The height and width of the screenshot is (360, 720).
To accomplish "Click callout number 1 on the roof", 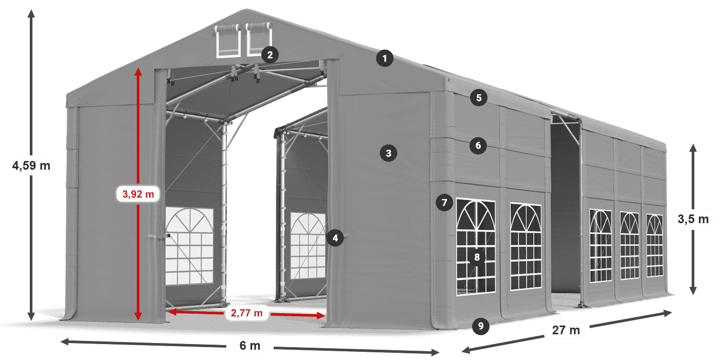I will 384,59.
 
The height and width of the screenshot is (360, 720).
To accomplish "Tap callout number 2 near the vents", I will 269,55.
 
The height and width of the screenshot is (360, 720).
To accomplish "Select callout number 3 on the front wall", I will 388,153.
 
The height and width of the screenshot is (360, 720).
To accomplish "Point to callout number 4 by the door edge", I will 335,238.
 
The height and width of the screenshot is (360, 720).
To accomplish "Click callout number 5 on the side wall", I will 478,98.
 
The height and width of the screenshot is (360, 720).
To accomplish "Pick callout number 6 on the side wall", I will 478,146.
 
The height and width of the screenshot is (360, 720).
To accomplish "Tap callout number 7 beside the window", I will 444,203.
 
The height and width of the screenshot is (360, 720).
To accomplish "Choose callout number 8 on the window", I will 477,257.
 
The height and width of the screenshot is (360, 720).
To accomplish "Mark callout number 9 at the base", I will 480,325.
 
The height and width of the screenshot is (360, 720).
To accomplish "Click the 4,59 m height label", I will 31,166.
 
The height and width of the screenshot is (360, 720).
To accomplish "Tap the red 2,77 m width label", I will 246,312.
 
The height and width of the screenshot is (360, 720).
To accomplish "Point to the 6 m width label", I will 250,345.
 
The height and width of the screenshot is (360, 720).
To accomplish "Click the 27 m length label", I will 567,330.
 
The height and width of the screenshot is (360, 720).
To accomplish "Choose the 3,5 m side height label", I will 693,220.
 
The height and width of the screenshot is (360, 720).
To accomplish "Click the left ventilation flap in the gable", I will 228,41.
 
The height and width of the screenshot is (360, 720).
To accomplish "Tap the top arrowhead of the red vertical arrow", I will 138,71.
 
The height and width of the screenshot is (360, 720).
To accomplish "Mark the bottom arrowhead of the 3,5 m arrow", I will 693,292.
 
